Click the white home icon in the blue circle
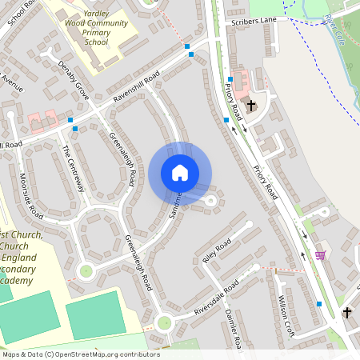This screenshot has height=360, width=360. click(180, 173)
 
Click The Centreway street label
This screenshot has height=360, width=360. click(73, 168)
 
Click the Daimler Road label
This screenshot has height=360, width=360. click(234, 326)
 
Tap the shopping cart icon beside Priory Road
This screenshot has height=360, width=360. click(320, 255)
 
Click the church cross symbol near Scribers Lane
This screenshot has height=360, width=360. click(251, 105)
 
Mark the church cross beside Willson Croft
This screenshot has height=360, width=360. click(347, 312)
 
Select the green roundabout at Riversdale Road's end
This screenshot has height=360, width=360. click(165, 323)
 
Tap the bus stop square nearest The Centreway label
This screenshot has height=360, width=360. click(73, 128)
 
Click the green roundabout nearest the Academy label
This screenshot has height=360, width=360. click(86, 270)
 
